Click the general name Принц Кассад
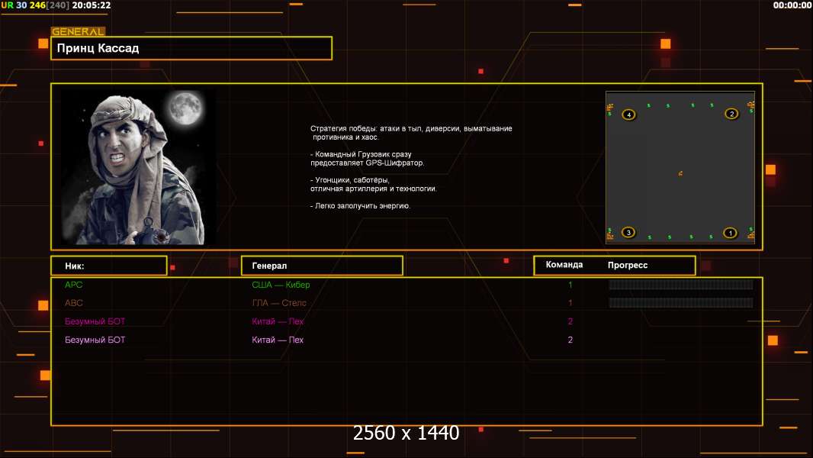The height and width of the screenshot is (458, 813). pyautogui.click(x=98, y=48)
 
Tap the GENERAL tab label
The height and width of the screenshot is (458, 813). pyautogui.click(x=78, y=32)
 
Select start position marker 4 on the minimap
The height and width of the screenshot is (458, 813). pyautogui.click(x=628, y=114)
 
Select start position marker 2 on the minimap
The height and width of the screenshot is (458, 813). pyautogui.click(x=731, y=114)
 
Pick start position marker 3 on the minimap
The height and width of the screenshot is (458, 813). pyautogui.click(x=628, y=232)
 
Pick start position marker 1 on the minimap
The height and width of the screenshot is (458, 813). pyautogui.click(x=730, y=233)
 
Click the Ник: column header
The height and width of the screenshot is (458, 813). pyautogui.click(x=75, y=266)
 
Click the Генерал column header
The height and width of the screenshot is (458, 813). pyautogui.click(x=269, y=266)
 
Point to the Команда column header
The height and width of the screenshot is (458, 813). pyautogui.click(x=564, y=265)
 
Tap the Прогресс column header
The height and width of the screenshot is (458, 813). pyautogui.click(x=628, y=266)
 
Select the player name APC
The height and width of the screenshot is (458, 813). pyautogui.click(x=73, y=285)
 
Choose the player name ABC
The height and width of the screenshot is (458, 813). pyautogui.click(x=73, y=303)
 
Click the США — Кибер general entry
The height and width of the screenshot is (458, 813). pyautogui.click(x=281, y=285)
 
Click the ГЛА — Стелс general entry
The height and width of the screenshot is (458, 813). pyautogui.click(x=279, y=303)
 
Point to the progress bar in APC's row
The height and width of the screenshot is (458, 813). pyautogui.click(x=680, y=285)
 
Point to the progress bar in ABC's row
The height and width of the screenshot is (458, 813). pyautogui.click(x=680, y=303)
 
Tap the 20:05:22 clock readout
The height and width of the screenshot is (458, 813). pyautogui.click(x=92, y=5)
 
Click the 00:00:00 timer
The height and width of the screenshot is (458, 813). pyautogui.click(x=792, y=5)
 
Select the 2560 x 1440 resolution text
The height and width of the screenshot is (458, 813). pyautogui.click(x=406, y=434)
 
